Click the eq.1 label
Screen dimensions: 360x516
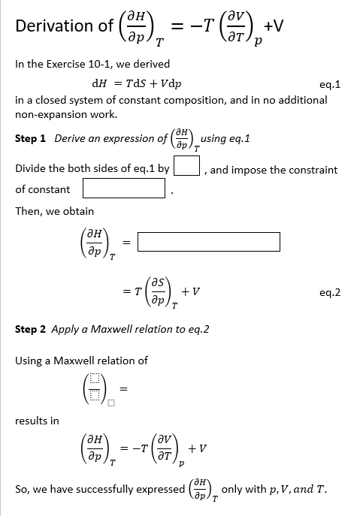click(330, 85)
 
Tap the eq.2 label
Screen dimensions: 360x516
click(330, 294)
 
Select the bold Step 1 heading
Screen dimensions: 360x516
click(31, 139)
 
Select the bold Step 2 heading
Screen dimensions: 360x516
click(31, 330)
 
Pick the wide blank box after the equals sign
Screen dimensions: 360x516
click(209, 242)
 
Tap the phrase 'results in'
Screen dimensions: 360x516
click(37, 420)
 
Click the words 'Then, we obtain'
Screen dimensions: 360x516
click(55, 211)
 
